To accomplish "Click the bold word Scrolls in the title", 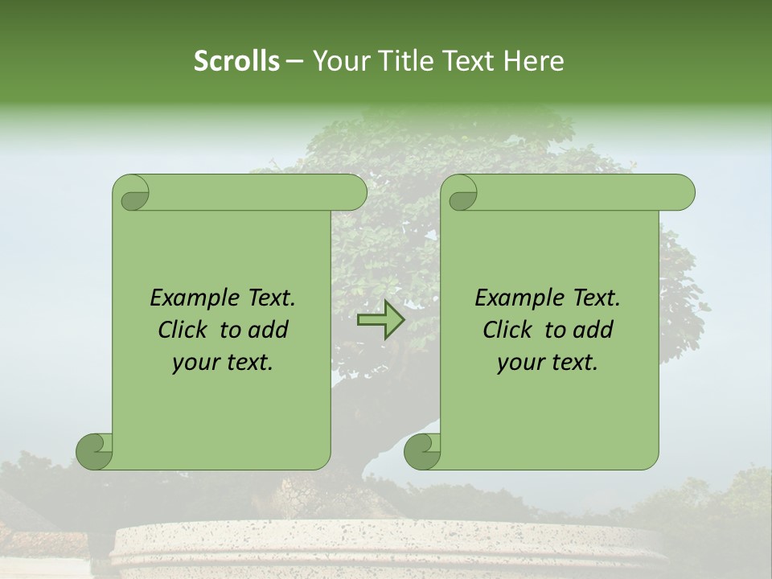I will [x=237, y=60].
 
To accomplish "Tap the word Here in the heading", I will [x=534, y=60].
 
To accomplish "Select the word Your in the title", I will [x=341, y=60].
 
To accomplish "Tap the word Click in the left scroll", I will [x=183, y=330].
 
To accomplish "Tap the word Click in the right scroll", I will [x=508, y=330].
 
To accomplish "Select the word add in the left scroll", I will [x=269, y=330].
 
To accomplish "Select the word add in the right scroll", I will [x=593, y=330].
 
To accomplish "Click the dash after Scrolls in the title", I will [x=294, y=60].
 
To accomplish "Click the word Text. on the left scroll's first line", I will [x=268, y=298].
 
